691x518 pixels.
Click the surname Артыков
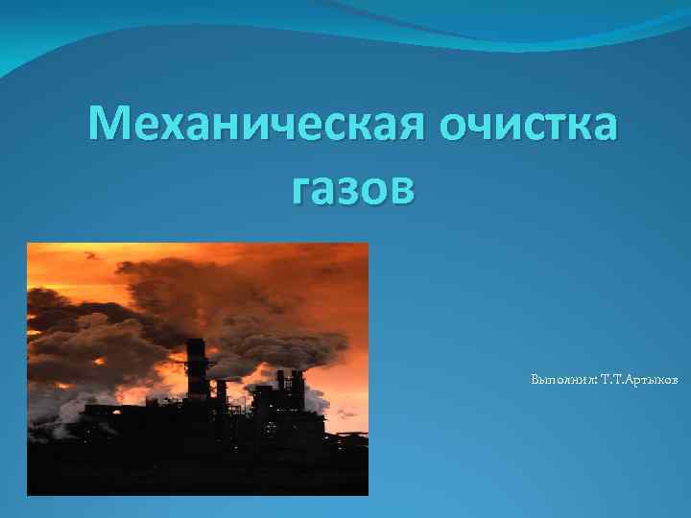pyautogui.click(x=654, y=381)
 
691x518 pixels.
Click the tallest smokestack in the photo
pyautogui.click(x=196, y=369)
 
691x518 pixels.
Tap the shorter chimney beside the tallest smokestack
pyautogui.click(x=221, y=393)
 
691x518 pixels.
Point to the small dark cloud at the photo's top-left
pyautogui.click(x=92, y=255)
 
